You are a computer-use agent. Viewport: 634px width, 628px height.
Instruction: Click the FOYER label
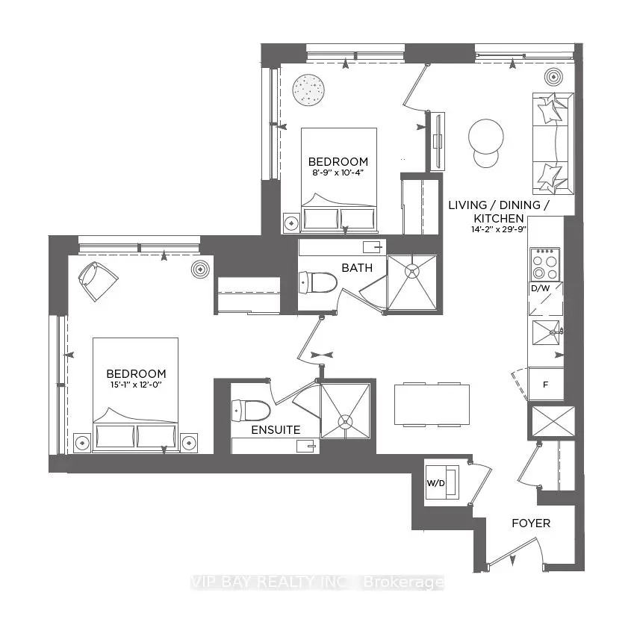pyautogui.click(x=531, y=523)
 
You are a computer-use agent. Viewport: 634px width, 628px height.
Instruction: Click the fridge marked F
pyautogui.click(x=545, y=385)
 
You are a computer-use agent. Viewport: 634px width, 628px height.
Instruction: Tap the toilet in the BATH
pyautogui.click(x=317, y=282)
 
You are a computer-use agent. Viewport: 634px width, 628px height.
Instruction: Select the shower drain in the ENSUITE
pyautogui.click(x=344, y=421)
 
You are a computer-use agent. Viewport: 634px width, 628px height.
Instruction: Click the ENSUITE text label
pyautogui.click(x=276, y=430)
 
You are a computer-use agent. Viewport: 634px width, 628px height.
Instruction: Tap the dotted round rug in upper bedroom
pyautogui.click(x=308, y=91)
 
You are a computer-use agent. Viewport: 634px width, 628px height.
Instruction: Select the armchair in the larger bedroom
pyautogui.click(x=98, y=281)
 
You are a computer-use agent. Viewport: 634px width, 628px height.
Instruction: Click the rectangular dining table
pyautogui.click(x=432, y=405)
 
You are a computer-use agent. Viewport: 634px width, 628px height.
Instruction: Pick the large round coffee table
pyautogui.click(x=486, y=136)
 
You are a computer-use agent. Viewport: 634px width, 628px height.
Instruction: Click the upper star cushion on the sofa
pyautogui.click(x=551, y=109)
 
